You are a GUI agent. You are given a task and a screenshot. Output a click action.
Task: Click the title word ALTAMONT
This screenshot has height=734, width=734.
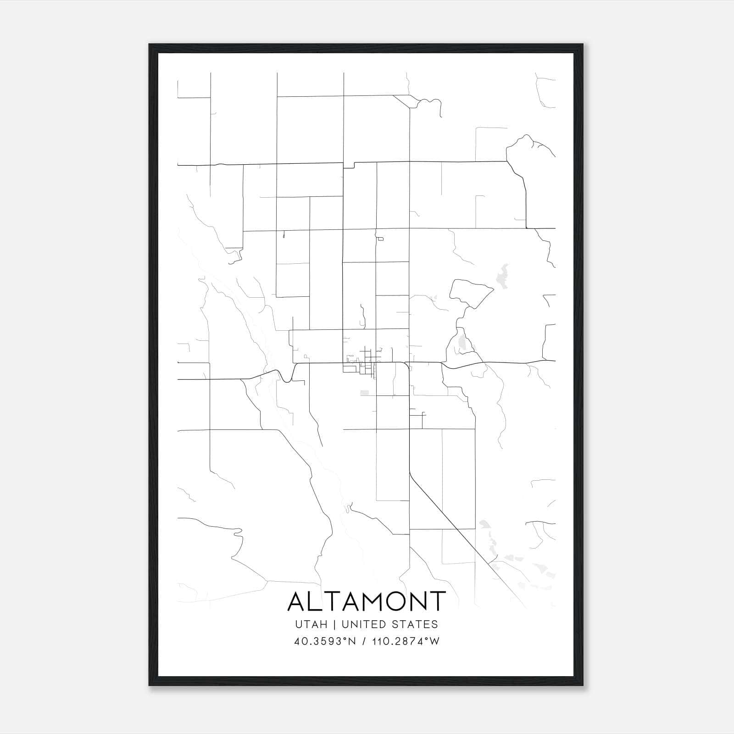coord(367,601)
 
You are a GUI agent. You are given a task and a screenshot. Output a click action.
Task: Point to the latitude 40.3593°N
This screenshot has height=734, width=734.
coord(325,641)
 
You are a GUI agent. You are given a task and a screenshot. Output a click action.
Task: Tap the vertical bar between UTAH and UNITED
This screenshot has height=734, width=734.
coord(335,624)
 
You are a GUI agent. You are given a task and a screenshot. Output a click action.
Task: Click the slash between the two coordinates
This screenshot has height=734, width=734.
coord(364,641)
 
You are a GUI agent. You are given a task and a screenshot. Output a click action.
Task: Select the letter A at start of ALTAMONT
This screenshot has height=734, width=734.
coord(297,601)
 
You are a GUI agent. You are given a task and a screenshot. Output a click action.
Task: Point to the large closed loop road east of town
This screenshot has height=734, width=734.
coord(470,294)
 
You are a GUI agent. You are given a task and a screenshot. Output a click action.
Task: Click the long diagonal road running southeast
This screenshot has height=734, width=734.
coord(459,532)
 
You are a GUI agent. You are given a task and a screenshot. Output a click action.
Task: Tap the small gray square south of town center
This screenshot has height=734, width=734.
coord(365,393)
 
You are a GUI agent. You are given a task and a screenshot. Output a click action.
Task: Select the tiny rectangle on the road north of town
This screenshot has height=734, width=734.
coord(380,239)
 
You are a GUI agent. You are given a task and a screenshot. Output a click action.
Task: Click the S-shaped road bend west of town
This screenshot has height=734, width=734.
coord(285,376)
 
